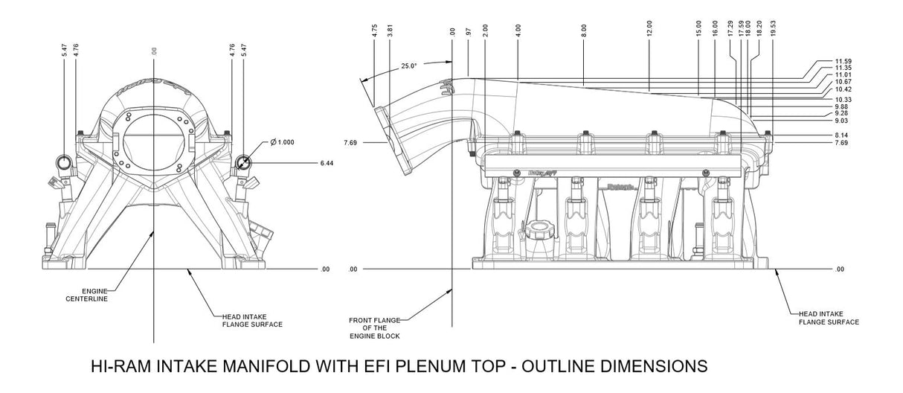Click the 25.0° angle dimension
[x=409, y=65]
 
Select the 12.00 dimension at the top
[x=649, y=33]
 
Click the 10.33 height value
[x=843, y=99]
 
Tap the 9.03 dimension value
[x=842, y=121]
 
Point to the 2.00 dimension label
[x=485, y=31]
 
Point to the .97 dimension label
[x=469, y=33]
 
